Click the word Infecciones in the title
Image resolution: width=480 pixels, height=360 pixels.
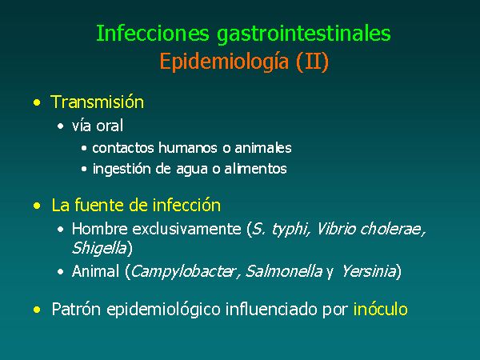[153, 33]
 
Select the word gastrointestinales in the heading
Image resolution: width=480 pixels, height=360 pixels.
[304, 34]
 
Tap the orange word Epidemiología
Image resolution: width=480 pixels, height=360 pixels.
[224, 62]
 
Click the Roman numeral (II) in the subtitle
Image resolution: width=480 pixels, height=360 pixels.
[312, 62]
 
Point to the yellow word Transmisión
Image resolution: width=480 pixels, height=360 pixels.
[97, 102]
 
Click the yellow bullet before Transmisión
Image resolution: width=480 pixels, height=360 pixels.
[37, 102]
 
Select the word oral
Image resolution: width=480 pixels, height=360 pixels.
[110, 126]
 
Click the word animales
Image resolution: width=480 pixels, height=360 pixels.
[263, 148]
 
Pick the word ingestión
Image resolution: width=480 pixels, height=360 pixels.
[122, 170]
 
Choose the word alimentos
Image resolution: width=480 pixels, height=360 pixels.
[256, 169]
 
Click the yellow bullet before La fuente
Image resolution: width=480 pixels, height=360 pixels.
[37, 206]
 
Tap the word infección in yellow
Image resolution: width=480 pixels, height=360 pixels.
[186, 205]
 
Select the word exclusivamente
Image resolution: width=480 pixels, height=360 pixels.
[186, 229]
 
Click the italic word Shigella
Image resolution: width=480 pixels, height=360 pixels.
[99, 248]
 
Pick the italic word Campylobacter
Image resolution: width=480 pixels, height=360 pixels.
[183, 271]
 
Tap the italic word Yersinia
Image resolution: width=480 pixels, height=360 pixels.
[369, 271]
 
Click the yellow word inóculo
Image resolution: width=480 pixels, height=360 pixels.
[381, 309]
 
